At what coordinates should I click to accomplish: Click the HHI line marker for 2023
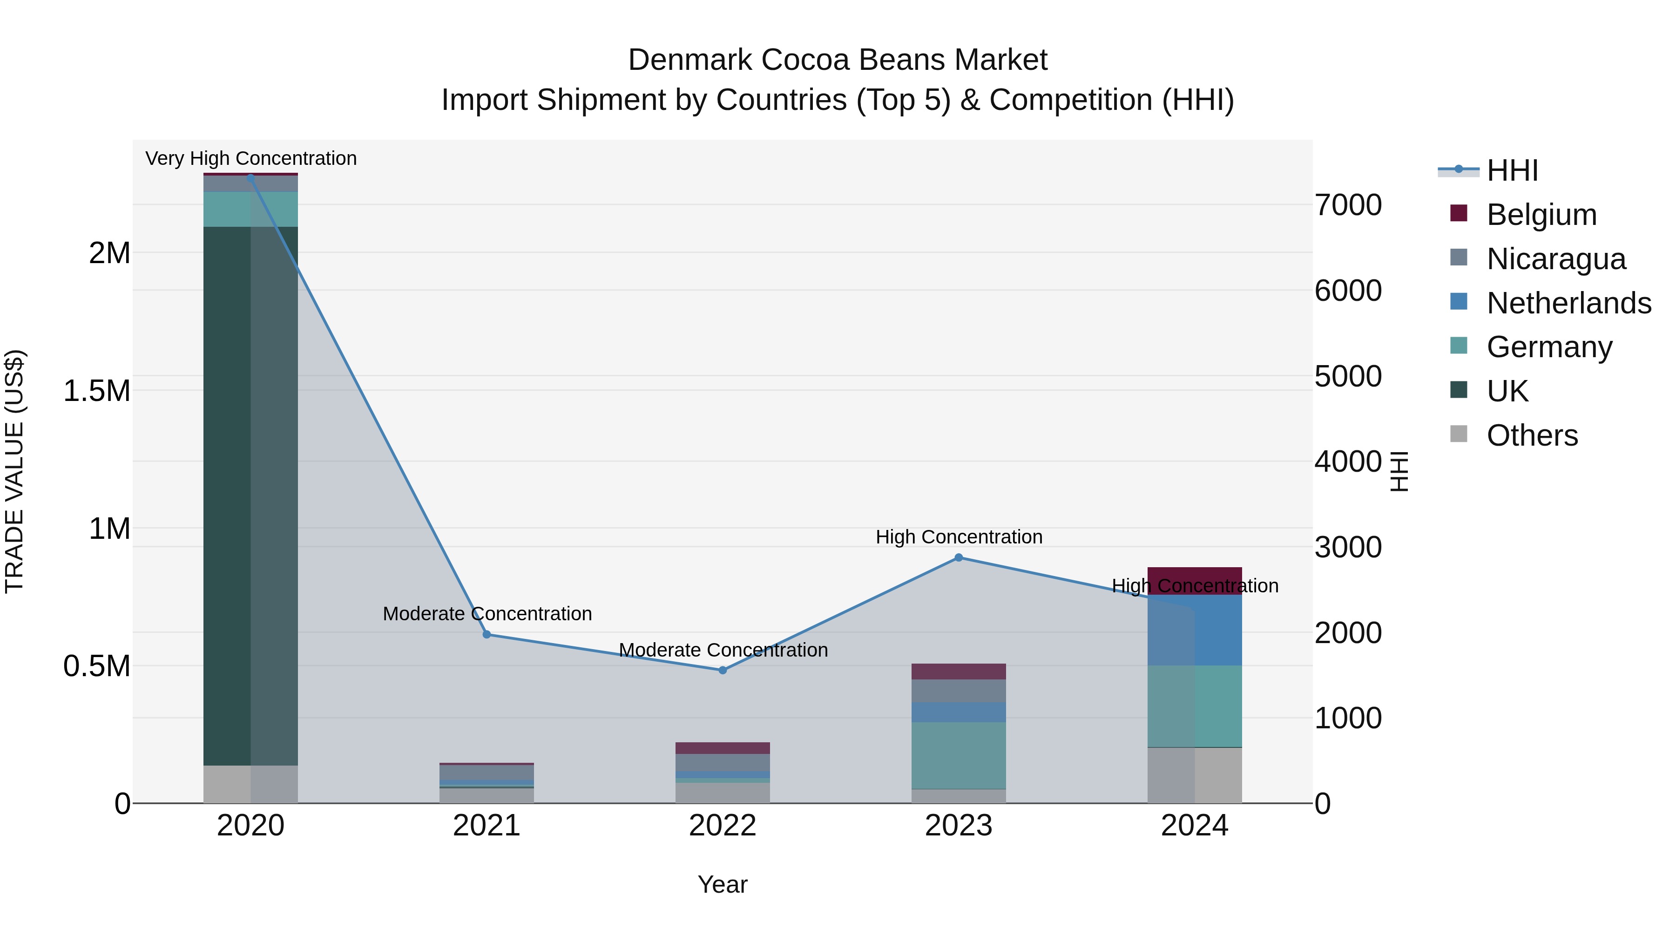click(x=959, y=558)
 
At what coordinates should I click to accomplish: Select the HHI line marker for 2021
click(x=487, y=635)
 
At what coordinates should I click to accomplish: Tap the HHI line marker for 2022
click(x=722, y=670)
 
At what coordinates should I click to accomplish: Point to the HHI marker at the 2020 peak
click(x=250, y=178)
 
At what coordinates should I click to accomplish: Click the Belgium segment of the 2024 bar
click(x=1195, y=581)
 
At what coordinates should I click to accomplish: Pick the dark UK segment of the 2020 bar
click(x=227, y=495)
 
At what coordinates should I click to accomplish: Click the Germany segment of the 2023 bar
click(x=959, y=755)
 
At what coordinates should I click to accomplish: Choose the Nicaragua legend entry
click(x=1555, y=259)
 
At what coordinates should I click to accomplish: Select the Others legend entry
click(x=1532, y=435)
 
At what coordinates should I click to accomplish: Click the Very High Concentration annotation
click(x=250, y=159)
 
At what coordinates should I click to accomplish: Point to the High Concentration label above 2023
click(x=959, y=537)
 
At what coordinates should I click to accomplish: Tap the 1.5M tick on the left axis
click(x=96, y=391)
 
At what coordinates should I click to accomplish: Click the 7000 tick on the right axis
click(x=1348, y=205)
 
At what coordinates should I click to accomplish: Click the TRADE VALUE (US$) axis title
click(x=14, y=471)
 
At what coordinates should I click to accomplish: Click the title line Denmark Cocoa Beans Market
click(x=838, y=60)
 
